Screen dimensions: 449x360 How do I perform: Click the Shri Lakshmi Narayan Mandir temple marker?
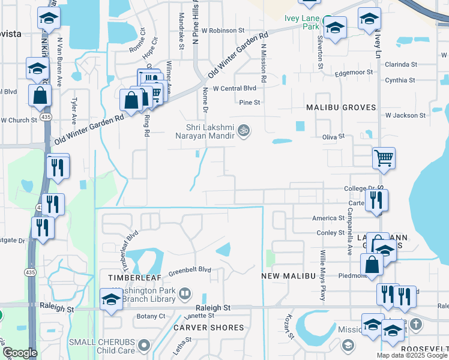[244, 130]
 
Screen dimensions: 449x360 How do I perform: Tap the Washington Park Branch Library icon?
[185, 293]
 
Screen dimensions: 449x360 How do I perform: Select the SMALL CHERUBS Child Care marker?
[144, 345]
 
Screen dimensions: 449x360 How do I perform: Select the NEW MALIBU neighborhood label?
[289, 275]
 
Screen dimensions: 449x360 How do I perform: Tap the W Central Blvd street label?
[238, 88]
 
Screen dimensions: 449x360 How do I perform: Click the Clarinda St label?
[401, 64]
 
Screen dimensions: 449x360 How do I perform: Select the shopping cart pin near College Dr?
[384, 158]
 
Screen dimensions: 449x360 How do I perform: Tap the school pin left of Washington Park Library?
[111, 299]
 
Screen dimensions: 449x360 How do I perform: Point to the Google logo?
[20, 353]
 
